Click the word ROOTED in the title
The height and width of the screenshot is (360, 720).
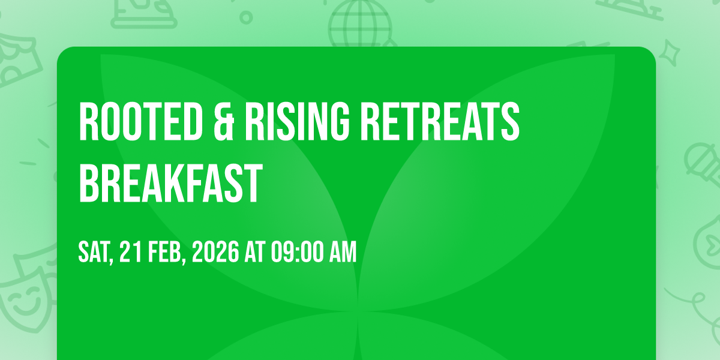(141, 121)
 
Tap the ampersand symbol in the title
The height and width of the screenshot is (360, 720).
(223, 121)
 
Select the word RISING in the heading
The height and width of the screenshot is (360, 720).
(297, 121)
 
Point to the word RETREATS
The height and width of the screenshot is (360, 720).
(440, 121)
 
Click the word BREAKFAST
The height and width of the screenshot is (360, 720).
(170, 183)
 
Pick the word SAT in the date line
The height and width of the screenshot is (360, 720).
(94, 252)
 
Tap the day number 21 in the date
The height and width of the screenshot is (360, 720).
(131, 252)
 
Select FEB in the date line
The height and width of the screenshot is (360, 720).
(164, 252)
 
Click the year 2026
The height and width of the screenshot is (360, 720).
(215, 252)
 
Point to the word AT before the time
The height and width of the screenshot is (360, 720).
(255, 252)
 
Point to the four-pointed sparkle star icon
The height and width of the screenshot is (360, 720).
(670, 53)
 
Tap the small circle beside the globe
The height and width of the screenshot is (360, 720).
(246, 17)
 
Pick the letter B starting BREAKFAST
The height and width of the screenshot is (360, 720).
(89, 183)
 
